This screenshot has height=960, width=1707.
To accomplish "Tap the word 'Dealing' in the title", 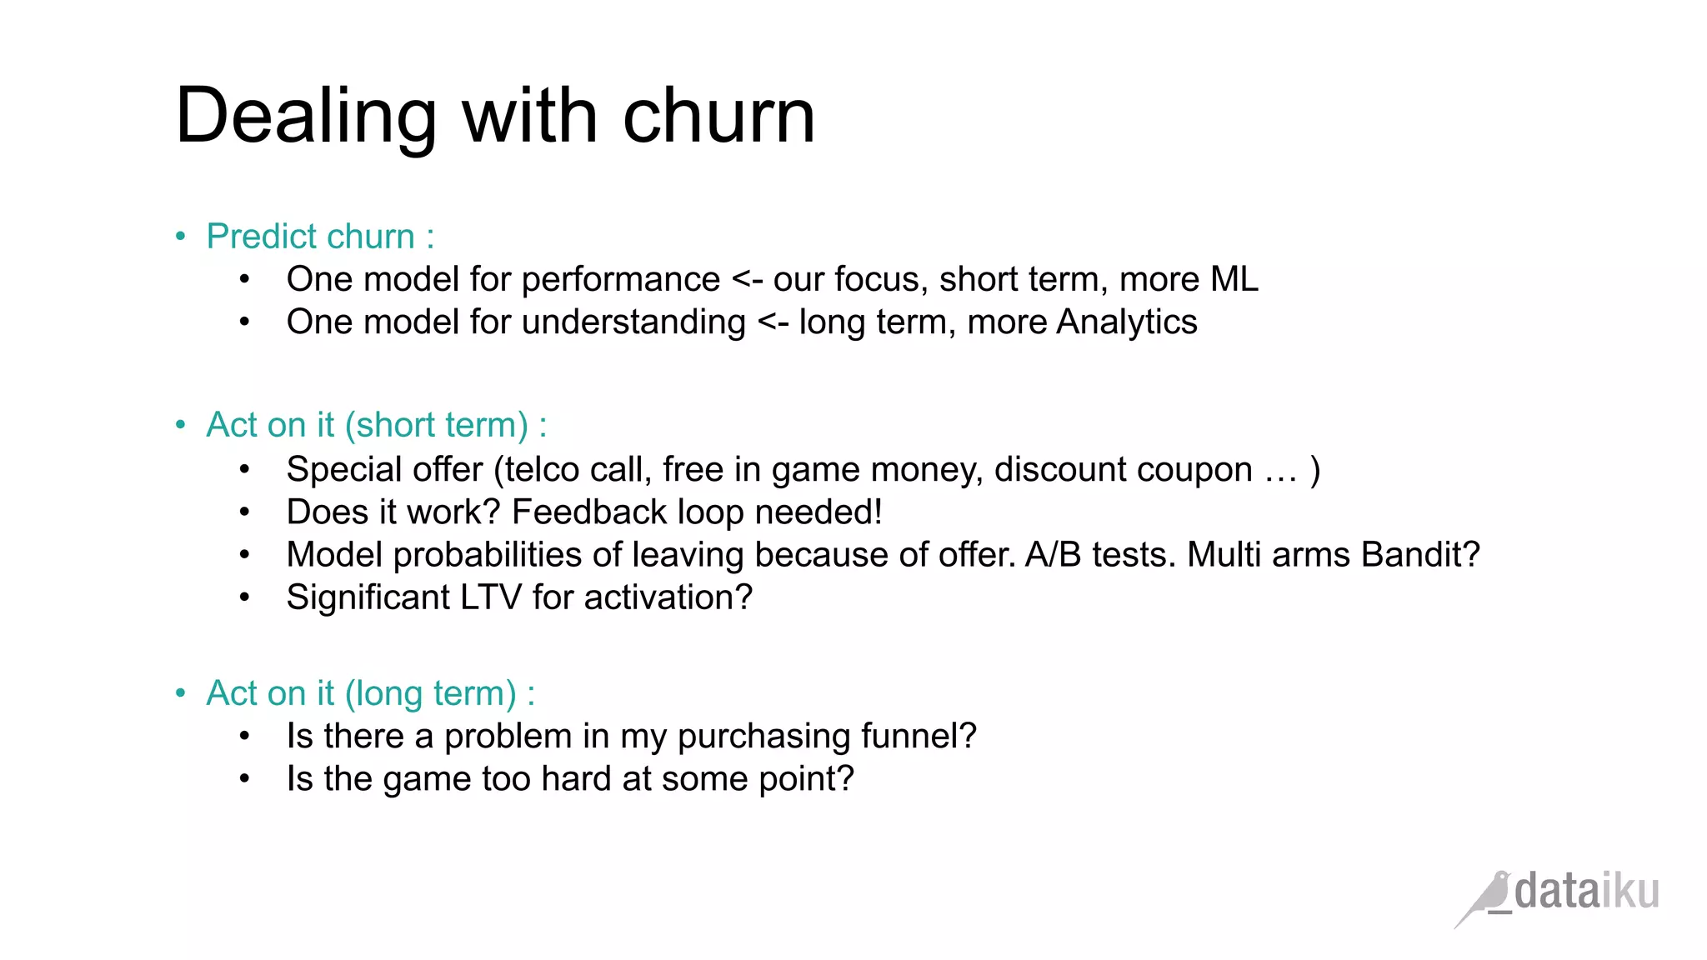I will click(306, 117).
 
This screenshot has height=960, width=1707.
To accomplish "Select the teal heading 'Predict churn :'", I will click(320, 237).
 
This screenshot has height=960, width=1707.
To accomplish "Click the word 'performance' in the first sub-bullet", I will click(620, 279).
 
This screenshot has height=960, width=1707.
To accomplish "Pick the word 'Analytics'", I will click(1126, 322).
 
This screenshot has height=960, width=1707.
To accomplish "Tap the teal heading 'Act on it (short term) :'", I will click(377, 425).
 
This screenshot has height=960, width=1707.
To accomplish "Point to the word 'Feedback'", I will click(589, 512).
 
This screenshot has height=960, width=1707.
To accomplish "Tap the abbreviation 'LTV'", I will click(491, 597).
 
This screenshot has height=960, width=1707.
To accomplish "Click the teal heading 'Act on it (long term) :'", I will click(371, 693).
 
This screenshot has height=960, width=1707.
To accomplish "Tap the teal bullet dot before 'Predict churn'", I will click(181, 237).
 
